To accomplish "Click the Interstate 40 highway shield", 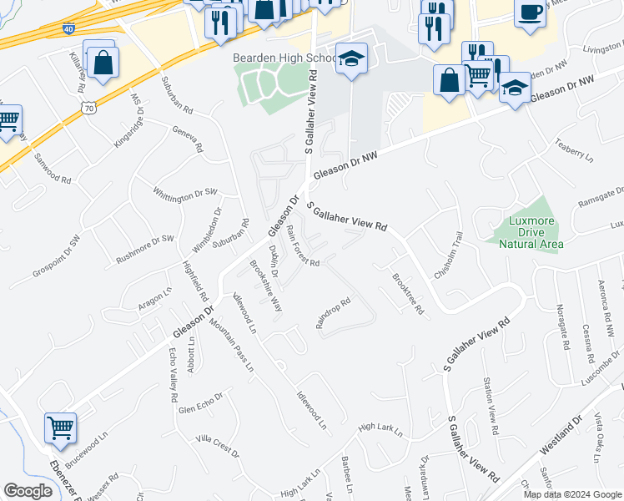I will click(68, 28).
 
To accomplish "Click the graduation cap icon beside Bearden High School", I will click(352, 58).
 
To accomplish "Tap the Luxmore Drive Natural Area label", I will click(531, 232).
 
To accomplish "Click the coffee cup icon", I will click(530, 13).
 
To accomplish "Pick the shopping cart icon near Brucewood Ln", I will click(60, 428).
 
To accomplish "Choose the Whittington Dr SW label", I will click(184, 193).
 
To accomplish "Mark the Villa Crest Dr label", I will click(216, 446).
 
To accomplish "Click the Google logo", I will click(28, 491).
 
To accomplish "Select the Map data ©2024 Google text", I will click(571, 493).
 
